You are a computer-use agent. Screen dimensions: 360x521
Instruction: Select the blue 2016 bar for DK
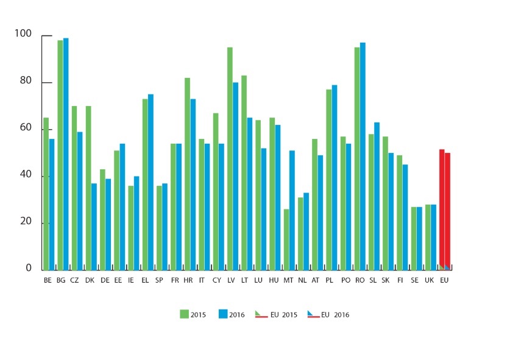coord(94,226)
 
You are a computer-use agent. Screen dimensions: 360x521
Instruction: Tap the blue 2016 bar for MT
coord(292,210)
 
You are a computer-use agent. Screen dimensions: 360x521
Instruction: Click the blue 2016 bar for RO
coord(363,156)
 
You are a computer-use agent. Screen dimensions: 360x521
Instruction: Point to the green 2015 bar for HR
coord(187,174)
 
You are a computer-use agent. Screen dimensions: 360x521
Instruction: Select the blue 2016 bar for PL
coord(335,177)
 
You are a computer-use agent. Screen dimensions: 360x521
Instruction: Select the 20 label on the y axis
coord(25,221)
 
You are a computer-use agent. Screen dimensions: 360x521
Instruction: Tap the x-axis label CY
coord(217,280)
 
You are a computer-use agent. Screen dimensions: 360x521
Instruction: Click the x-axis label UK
coord(429,280)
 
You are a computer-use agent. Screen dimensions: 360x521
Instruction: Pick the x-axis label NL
coord(302,280)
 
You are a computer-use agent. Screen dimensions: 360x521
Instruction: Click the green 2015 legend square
coord(184,314)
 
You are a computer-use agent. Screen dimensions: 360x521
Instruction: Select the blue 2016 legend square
coord(222,314)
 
